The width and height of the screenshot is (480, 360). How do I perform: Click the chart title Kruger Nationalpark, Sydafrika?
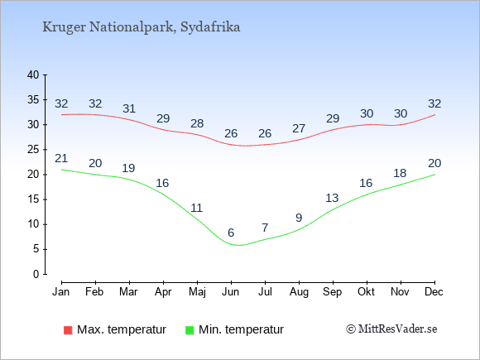click(142, 27)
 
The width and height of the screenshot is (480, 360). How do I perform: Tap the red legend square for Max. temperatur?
click(68, 330)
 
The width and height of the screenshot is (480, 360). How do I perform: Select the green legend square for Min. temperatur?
click(190, 330)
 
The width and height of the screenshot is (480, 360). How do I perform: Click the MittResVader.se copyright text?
click(391, 329)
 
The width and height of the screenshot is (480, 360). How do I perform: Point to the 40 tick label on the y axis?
click(33, 74)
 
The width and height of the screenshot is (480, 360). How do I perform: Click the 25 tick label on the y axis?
click(33, 150)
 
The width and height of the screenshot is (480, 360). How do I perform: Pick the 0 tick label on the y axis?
click(36, 274)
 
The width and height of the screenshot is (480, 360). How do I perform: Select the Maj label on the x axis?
click(197, 292)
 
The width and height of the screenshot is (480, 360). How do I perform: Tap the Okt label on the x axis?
click(366, 292)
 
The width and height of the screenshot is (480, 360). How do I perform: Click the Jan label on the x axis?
click(61, 292)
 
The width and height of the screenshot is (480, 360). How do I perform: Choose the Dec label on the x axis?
click(434, 292)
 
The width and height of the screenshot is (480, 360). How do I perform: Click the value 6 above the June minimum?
click(231, 233)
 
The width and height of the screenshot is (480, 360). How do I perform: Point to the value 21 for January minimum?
click(61, 158)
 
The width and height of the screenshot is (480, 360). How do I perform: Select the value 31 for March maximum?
click(129, 108)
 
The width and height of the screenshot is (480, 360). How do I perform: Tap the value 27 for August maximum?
click(299, 128)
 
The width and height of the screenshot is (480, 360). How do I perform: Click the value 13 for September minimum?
click(332, 198)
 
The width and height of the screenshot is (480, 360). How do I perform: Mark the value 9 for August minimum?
click(299, 218)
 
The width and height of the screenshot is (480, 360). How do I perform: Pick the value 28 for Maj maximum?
click(197, 123)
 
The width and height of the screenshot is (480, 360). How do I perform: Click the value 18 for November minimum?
click(400, 173)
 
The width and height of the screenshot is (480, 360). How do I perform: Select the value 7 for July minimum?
click(265, 228)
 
